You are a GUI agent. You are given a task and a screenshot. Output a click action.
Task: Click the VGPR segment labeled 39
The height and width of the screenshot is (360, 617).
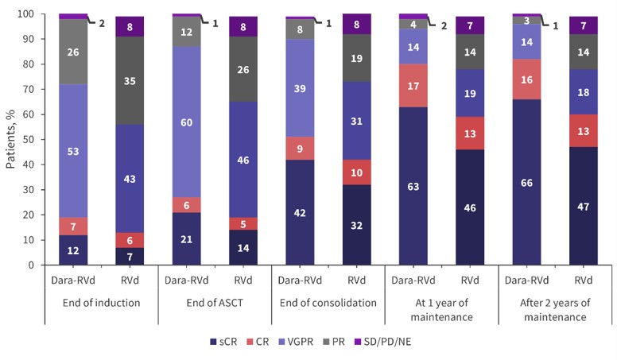[x=298, y=88]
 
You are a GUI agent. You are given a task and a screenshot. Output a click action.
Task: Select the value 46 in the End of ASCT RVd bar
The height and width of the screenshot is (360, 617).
[x=242, y=160]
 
